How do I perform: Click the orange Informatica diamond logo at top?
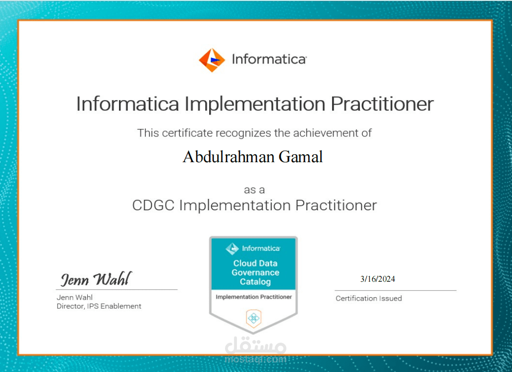click(x=212, y=60)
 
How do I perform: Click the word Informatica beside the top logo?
click(x=269, y=60)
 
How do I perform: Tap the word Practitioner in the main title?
click(x=382, y=104)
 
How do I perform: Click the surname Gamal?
click(x=301, y=157)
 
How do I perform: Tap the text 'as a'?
click(x=254, y=190)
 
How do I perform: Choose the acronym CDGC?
click(x=153, y=205)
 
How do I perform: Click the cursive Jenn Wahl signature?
click(x=96, y=279)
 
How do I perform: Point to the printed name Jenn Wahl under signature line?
click(x=74, y=298)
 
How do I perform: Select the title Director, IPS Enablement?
click(x=99, y=307)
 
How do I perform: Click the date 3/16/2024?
click(x=378, y=279)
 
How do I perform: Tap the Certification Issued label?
click(x=369, y=299)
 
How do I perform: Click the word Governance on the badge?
click(x=255, y=272)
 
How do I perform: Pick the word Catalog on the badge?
click(x=255, y=282)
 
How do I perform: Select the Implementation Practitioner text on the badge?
click(x=254, y=297)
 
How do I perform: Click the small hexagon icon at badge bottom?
click(x=253, y=318)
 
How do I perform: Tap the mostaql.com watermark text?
click(x=255, y=359)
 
